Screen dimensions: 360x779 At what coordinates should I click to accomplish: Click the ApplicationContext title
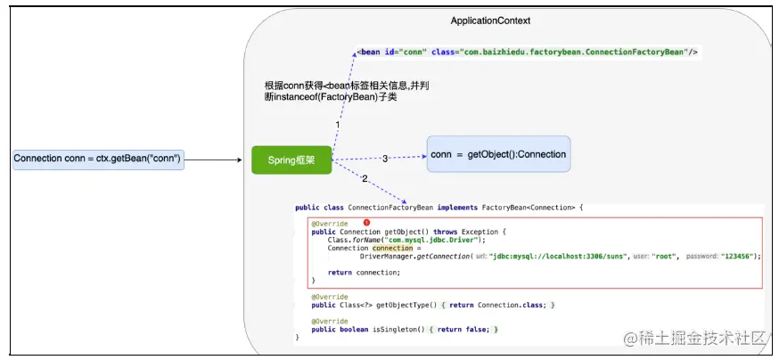tap(491, 20)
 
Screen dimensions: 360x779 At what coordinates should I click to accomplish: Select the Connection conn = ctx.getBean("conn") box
tap(98, 160)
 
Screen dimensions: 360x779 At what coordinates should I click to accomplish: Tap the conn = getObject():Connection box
tap(498, 154)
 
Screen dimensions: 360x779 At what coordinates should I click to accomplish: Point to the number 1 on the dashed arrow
tap(338, 125)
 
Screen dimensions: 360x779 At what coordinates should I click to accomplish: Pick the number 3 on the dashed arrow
tap(385, 159)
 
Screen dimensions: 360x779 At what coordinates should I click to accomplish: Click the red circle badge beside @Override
tap(366, 222)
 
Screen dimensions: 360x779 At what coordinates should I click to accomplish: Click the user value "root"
tap(658, 256)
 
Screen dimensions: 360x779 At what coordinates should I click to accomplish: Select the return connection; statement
tap(364, 272)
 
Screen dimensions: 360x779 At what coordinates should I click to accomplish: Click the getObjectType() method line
tap(433, 306)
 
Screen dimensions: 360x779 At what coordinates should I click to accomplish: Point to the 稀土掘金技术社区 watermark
tap(695, 339)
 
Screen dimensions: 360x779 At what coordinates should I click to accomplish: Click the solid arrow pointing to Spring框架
tap(214, 160)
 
